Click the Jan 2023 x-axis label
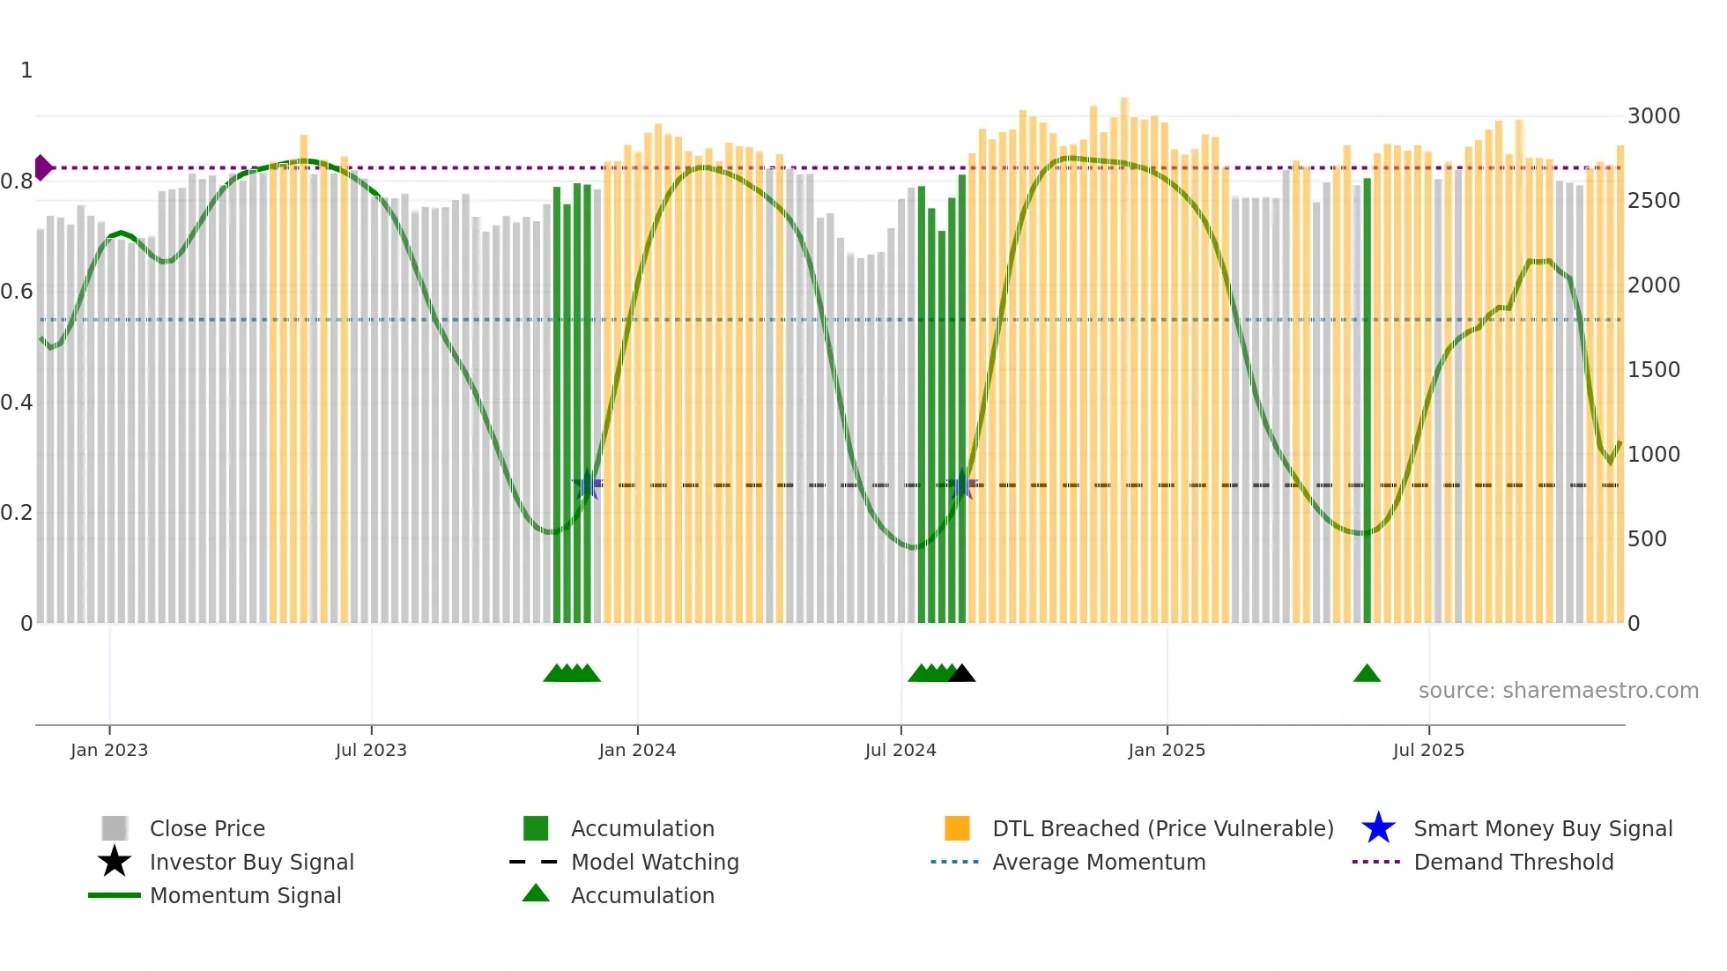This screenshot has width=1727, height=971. (x=109, y=750)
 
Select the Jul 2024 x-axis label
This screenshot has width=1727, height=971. (x=901, y=750)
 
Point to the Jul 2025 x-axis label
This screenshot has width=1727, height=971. (x=1428, y=750)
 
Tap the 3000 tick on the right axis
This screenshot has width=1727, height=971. (x=1653, y=116)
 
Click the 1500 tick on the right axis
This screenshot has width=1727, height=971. (x=1653, y=370)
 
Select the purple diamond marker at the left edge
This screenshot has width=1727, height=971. (x=42, y=167)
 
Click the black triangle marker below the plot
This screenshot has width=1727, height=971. (x=961, y=673)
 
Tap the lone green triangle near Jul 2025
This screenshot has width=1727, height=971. (x=1367, y=673)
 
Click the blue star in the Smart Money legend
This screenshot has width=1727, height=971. (x=1378, y=828)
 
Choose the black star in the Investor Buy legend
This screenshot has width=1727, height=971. (x=115, y=862)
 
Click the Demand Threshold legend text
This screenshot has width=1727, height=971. (x=1513, y=862)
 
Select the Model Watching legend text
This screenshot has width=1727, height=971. (x=655, y=862)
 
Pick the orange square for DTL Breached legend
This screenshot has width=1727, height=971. (x=957, y=828)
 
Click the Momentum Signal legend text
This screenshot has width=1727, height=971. (x=245, y=895)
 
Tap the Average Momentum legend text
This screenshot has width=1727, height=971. (x=1099, y=862)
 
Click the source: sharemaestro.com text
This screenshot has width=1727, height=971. (x=1558, y=691)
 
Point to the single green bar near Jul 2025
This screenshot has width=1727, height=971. (x=1367, y=397)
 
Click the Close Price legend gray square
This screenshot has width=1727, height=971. (x=115, y=828)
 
